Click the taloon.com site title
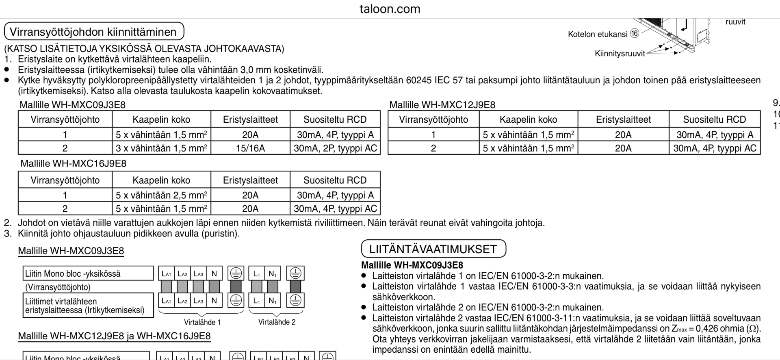[390, 9]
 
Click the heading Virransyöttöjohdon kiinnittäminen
[93, 32]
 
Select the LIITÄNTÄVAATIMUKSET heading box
[433, 249]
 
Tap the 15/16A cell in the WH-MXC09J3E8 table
[250, 148]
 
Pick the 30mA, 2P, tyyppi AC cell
[335, 148]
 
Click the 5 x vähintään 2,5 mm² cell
[161, 195]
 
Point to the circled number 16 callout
[635, 34]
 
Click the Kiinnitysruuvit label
[620, 54]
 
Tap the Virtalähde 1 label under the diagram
[202, 322]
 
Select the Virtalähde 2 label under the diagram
[277, 322]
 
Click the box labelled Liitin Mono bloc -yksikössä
[88, 273]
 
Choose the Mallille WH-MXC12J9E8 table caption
[442, 105]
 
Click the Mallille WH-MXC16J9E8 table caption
[74, 163]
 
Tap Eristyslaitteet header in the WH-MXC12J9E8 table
[623, 119]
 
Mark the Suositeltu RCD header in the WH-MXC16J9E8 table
[335, 180]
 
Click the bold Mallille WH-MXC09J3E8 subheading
[412, 265]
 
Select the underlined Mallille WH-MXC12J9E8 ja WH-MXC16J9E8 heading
[114, 336]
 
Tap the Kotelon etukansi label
[598, 34]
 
